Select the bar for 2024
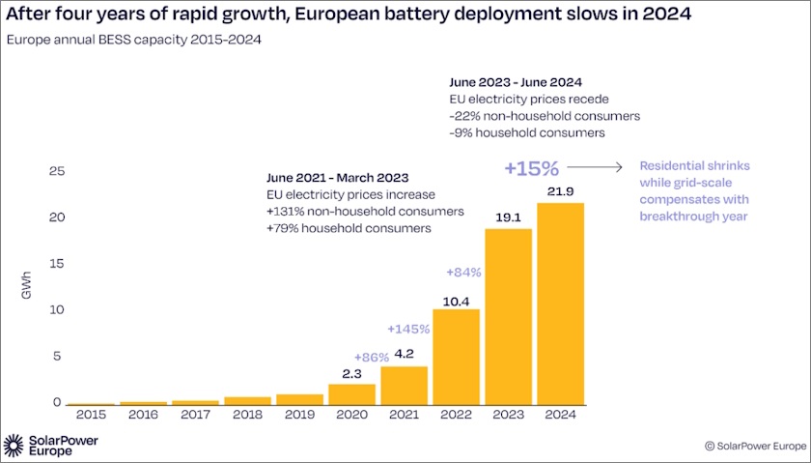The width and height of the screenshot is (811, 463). pos(560,304)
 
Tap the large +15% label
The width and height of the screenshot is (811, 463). pos(531,167)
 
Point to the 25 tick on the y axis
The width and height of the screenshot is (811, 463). pos(56,171)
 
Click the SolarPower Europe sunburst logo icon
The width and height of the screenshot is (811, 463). pos(14,446)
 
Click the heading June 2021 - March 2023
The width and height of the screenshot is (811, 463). pos(337,178)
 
